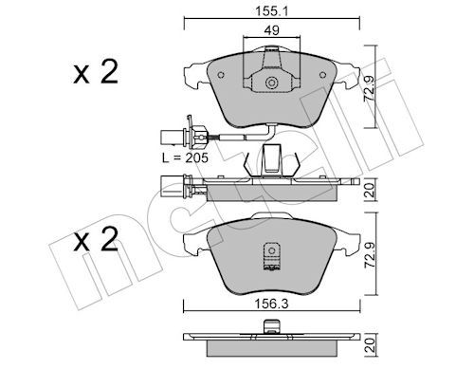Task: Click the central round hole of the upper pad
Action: (x=271, y=83)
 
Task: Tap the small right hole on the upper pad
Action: (x=322, y=74)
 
